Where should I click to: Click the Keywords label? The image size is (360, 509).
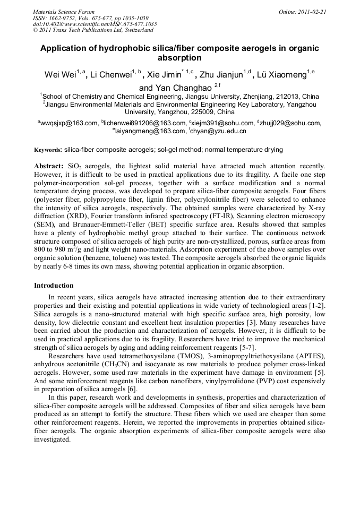48,150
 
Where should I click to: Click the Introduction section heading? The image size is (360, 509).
54,285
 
